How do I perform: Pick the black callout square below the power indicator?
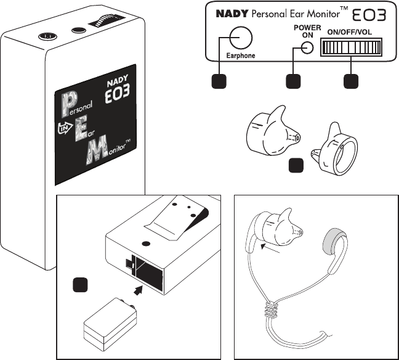pos(294,81)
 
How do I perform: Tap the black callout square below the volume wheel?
pos(351,81)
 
